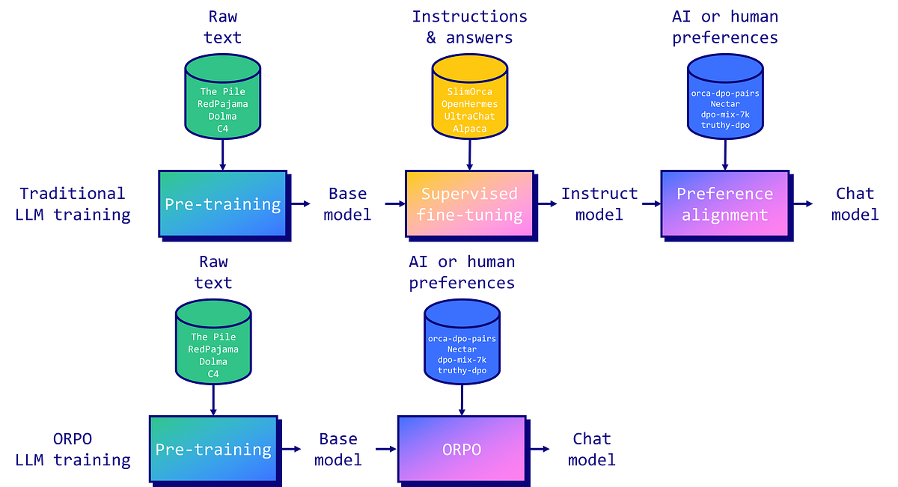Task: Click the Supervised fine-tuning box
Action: pyautogui.click(x=469, y=204)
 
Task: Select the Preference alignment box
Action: pyautogui.click(x=724, y=204)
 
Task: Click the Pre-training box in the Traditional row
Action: pyautogui.click(x=222, y=203)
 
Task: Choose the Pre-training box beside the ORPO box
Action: pyautogui.click(x=213, y=449)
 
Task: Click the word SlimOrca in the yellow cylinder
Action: pyautogui.click(x=469, y=91)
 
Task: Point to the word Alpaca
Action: pyautogui.click(x=469, y=129)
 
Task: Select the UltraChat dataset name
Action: pyautogui.click(x=469, y=117)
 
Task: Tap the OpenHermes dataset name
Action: pyautogui.click(x=469, y=104)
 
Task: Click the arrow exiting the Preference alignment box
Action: pyautogui.click(x=806, y=203)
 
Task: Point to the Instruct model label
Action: pyautogui.click(x=600, y=204)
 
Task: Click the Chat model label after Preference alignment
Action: pyautogui.click(x=856, y=204)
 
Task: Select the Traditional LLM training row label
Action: pyautogui.click(x=72, y=204)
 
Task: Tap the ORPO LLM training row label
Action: pyautogui.click(x=72, y=449)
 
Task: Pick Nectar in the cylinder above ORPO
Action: pyautogui.click(x=462, y=349)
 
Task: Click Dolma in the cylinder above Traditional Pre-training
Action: pyautogui.click(x=222, y=116)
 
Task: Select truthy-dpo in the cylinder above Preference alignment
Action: pyautogui.click(x=724, y=125)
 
